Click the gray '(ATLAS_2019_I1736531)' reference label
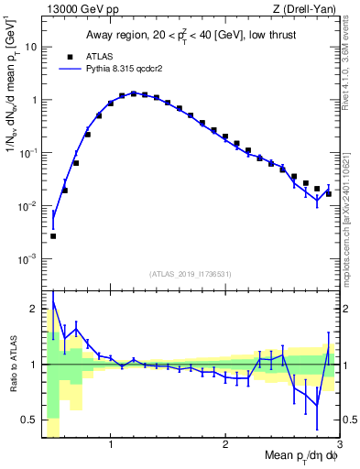191,273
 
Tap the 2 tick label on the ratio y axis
33,308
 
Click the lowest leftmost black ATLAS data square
53,236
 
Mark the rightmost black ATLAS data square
329,193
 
